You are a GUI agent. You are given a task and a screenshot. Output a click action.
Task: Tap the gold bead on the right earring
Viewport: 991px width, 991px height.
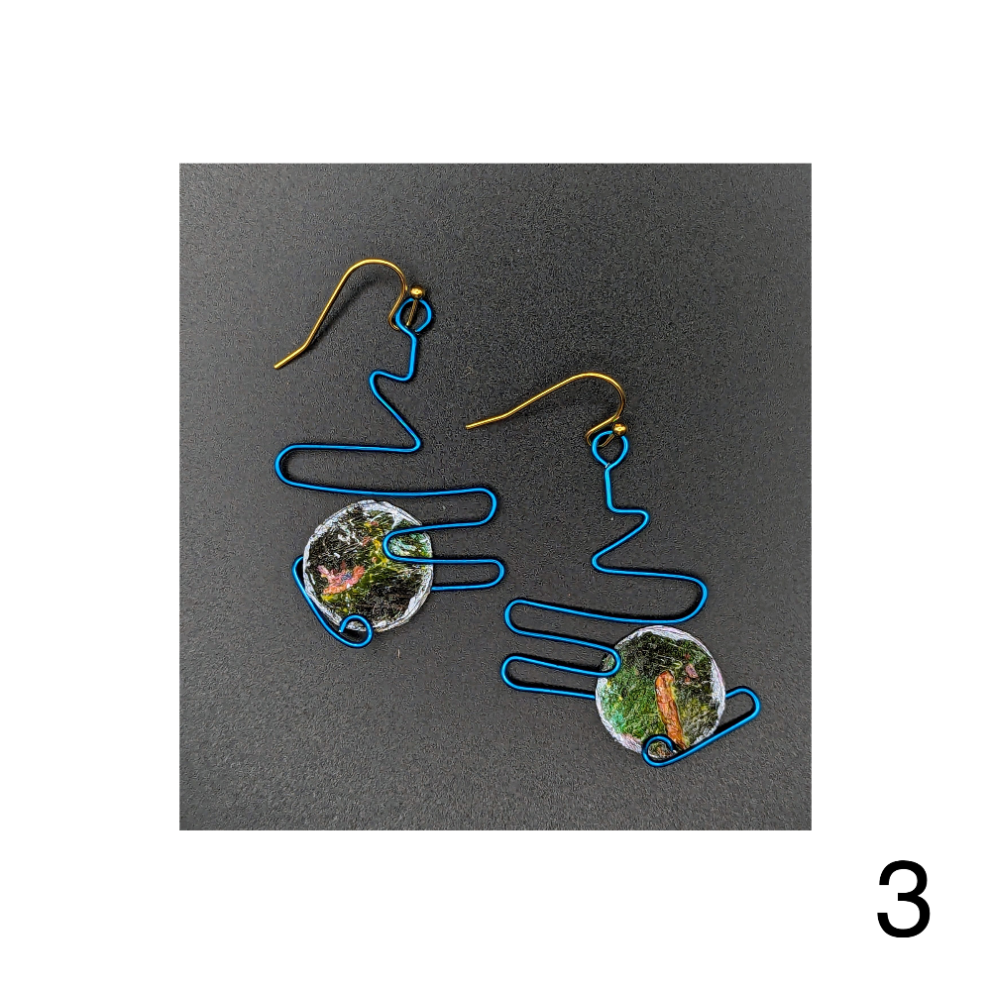click(x=618, y=429)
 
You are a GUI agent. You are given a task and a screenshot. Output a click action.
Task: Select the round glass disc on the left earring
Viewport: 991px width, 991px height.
click(x=368, y=566)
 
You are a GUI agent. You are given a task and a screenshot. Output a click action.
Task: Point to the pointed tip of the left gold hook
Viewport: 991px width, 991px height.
click(x=276, y=366)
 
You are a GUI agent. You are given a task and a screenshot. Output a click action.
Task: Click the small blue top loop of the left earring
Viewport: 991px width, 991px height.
click(x=415, y=314)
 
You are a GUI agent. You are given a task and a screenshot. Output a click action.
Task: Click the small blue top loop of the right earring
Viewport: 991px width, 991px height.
click(x=609, y=447)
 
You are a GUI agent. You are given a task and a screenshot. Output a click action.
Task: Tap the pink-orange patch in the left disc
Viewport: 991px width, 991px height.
click(x=340, y=578)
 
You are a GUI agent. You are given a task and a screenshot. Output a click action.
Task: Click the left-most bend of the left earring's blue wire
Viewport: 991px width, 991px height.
click(x=279, y=467)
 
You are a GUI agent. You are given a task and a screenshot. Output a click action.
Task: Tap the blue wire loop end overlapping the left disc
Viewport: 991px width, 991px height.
click(x=387, y=544)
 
